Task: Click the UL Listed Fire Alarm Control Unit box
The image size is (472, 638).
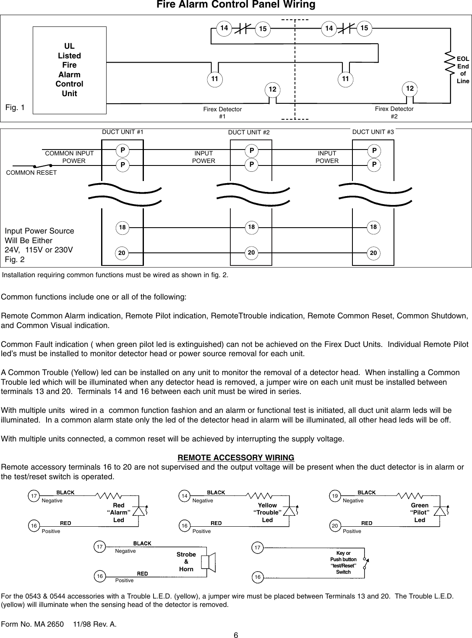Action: click(x=69, y=70)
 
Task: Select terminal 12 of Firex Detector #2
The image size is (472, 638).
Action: click(x=409, y=89)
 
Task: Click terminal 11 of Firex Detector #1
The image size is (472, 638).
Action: click(x=214, y=79)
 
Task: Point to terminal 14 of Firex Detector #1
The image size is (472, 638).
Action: click(x=224, y=28)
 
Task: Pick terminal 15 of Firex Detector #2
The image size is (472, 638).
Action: click(x=364, y=28)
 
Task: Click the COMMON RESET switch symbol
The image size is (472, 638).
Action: click(x=43, y=165)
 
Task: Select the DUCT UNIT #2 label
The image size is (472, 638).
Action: click(x=249, y=133)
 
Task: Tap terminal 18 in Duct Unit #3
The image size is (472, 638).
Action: click(x=373, y=227)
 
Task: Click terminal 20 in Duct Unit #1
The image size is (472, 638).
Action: click(x=122, y=253)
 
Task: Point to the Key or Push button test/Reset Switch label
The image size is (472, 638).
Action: click(x=343, y=562)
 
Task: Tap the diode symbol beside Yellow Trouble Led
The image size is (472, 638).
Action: click(x=289, y=511)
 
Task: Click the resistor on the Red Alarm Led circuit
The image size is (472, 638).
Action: click(x=109, y=496)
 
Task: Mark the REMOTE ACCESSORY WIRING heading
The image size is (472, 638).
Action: click(x=236, y=457)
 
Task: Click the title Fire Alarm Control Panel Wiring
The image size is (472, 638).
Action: click(x=236, y=5)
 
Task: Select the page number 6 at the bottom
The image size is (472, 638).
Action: click(x=236, y=635)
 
